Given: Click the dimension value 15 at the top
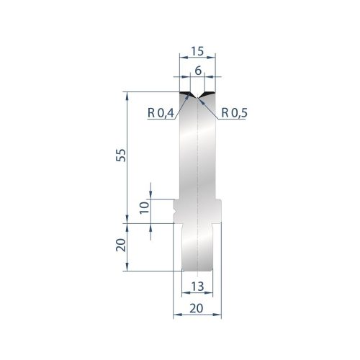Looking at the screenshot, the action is click(197, 51).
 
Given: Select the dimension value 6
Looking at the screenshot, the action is click(198, 71).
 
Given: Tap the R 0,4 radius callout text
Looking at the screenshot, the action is click(161, 113).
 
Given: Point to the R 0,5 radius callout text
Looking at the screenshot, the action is click(234, 113).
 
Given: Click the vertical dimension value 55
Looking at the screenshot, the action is click(121, 156).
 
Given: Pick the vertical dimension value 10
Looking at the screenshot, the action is click(144, 207).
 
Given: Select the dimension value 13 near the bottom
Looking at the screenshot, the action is click(197, 286).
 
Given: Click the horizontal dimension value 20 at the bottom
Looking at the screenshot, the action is click(197, 308).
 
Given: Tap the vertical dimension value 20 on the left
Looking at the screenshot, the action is click(121, 245).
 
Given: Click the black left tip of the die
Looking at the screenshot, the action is click(186, 94).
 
